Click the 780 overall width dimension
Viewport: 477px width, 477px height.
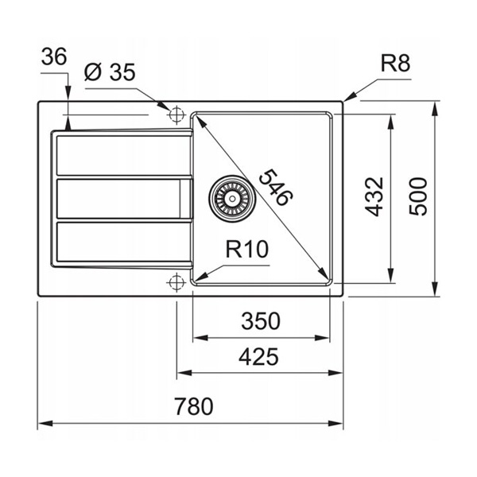click(194, 406)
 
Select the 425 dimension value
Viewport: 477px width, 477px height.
click(258, 356)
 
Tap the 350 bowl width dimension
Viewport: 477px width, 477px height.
click(261, 321)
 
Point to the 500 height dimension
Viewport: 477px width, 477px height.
click(418, 197)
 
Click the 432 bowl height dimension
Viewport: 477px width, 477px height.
click(374, 196)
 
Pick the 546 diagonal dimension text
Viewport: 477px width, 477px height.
click(276, 188)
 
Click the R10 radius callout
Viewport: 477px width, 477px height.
click(247, 249)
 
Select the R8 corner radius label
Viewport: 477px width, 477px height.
click(395, 64)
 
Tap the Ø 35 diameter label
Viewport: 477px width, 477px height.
click(110, 72)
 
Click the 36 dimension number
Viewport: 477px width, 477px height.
click(54, 56)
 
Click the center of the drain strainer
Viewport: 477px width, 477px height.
click(232, 199)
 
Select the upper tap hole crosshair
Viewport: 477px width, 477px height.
click(176, 115)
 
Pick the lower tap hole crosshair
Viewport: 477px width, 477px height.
click(176, 282)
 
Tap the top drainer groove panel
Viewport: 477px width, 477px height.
click(123, 156)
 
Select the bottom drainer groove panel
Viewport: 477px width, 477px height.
click(123, 242)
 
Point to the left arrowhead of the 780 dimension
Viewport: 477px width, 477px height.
click(45, 424)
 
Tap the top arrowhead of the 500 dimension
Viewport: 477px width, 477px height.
click(436, 109)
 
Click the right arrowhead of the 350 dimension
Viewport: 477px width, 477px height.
click(322, 338)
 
